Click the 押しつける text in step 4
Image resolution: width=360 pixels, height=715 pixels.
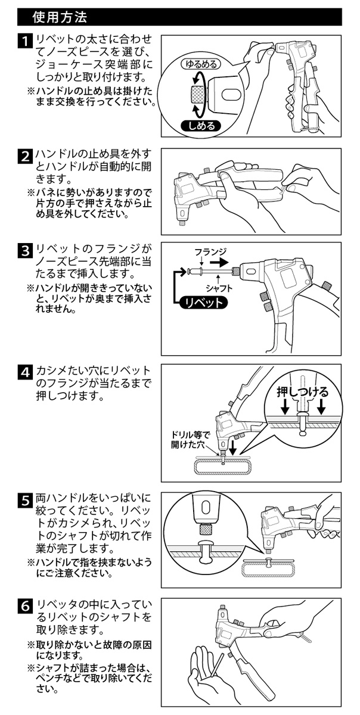point(303,391)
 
